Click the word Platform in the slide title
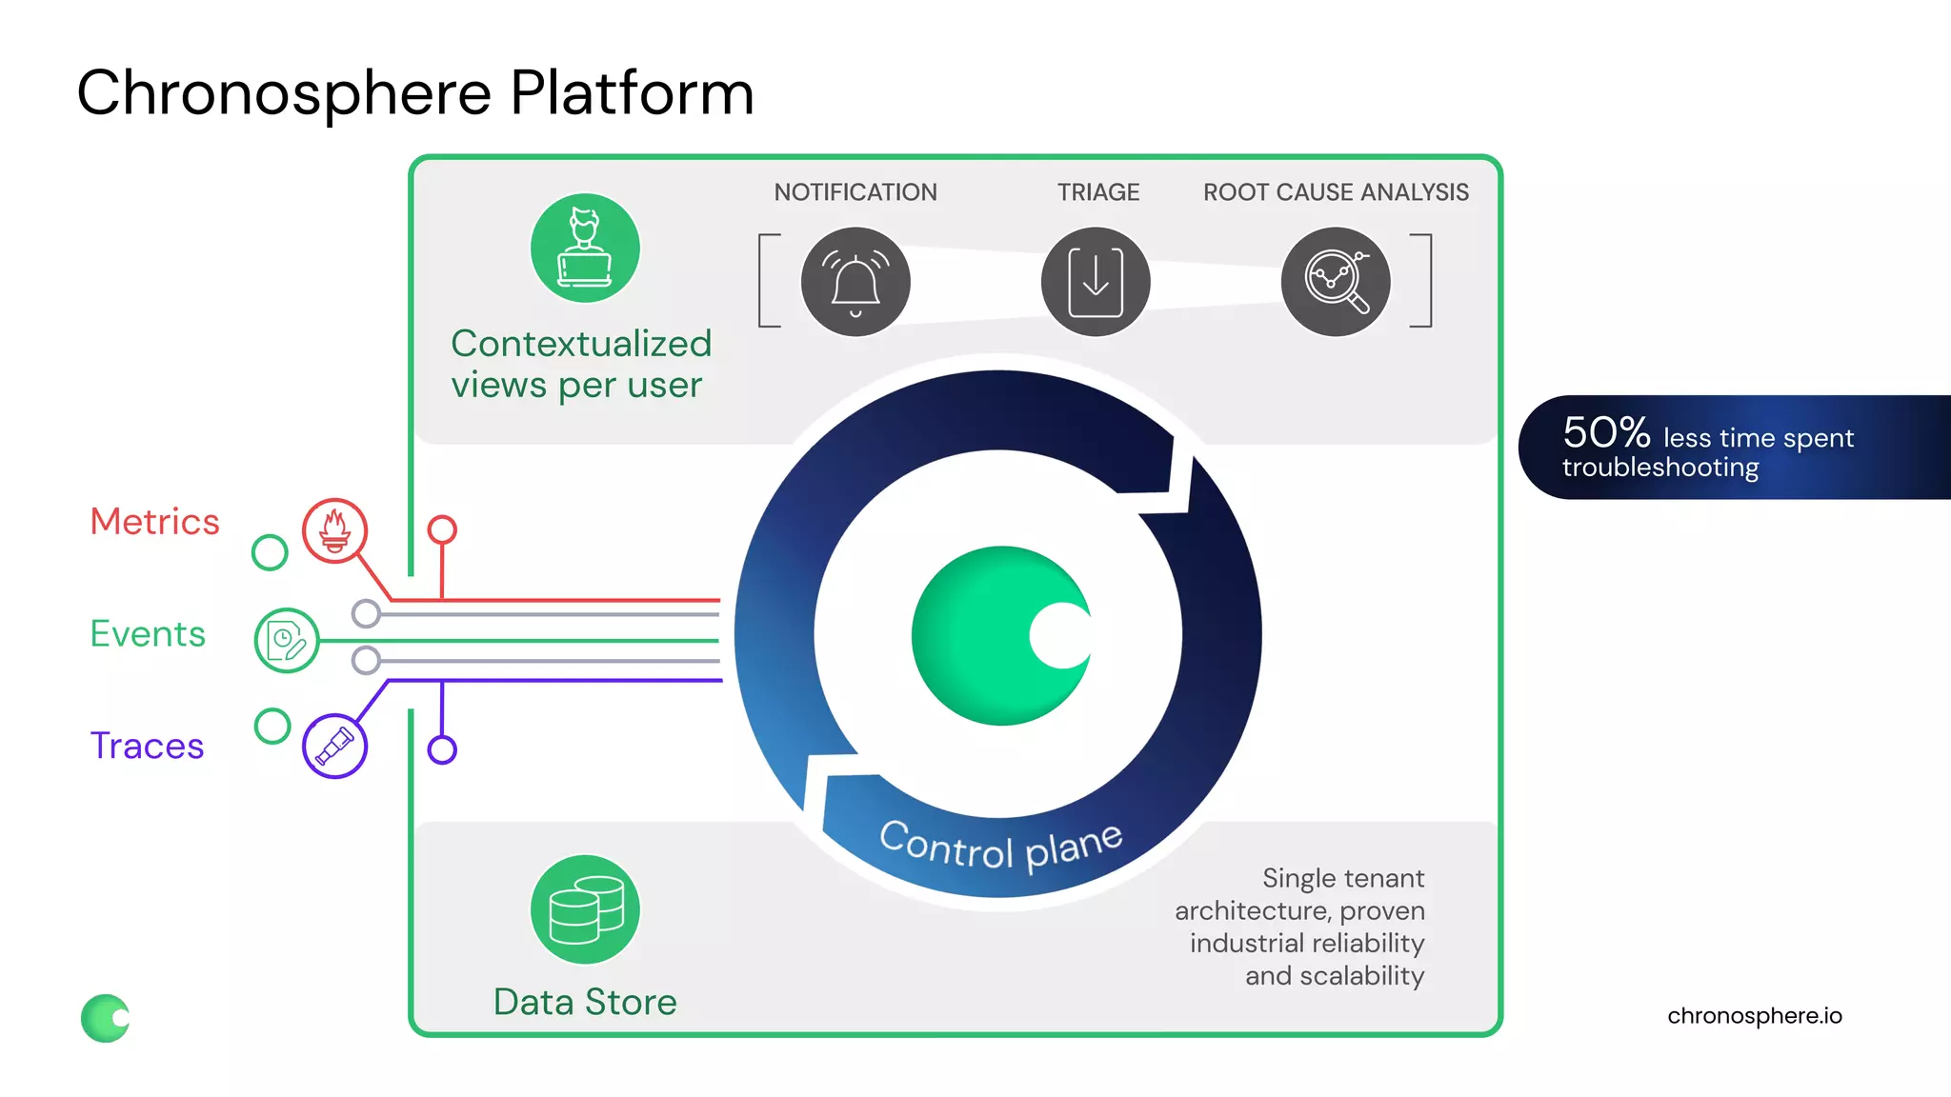(632, 93)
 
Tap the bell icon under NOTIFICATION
(855, 282)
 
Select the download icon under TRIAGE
(1096, 282)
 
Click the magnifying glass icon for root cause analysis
(1336, 282)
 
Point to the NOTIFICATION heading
(855, 192)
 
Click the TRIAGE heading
(1098, 192)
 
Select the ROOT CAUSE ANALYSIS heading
(1336, 192)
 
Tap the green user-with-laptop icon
(585, 249)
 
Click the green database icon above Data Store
(585, 909)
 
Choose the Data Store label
(585, 1002)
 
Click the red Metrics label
(154, 522)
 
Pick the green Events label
(148, 634)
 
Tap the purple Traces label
(147, 746)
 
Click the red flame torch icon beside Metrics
(334, 530)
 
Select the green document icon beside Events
(286, 641)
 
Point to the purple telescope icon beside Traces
(334, 746)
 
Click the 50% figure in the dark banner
(1606, 433)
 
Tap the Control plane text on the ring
(1000, 846)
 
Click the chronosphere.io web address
(1754, 1016)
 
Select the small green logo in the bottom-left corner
(106, 1018)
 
